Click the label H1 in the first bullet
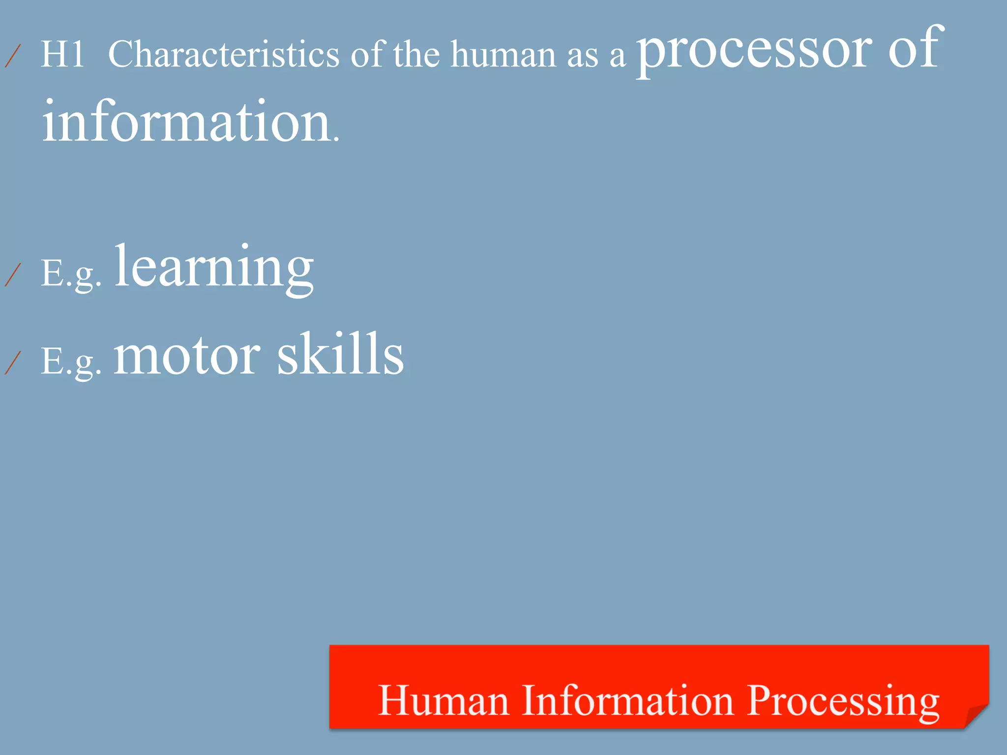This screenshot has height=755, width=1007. click(62, 54)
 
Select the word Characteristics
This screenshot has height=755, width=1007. click(224, 54)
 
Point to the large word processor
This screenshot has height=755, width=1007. click(754, 49)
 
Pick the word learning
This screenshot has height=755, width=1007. click(214, 268)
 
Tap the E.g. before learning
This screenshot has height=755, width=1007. click(71, 274)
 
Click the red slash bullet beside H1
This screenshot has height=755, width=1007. click(13, 56)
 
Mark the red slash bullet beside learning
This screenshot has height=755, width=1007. click(13, 274)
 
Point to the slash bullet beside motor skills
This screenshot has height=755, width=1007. click(13, 363)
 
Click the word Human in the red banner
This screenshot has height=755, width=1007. click(443, 700)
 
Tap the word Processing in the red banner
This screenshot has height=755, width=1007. click(843, 702)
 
